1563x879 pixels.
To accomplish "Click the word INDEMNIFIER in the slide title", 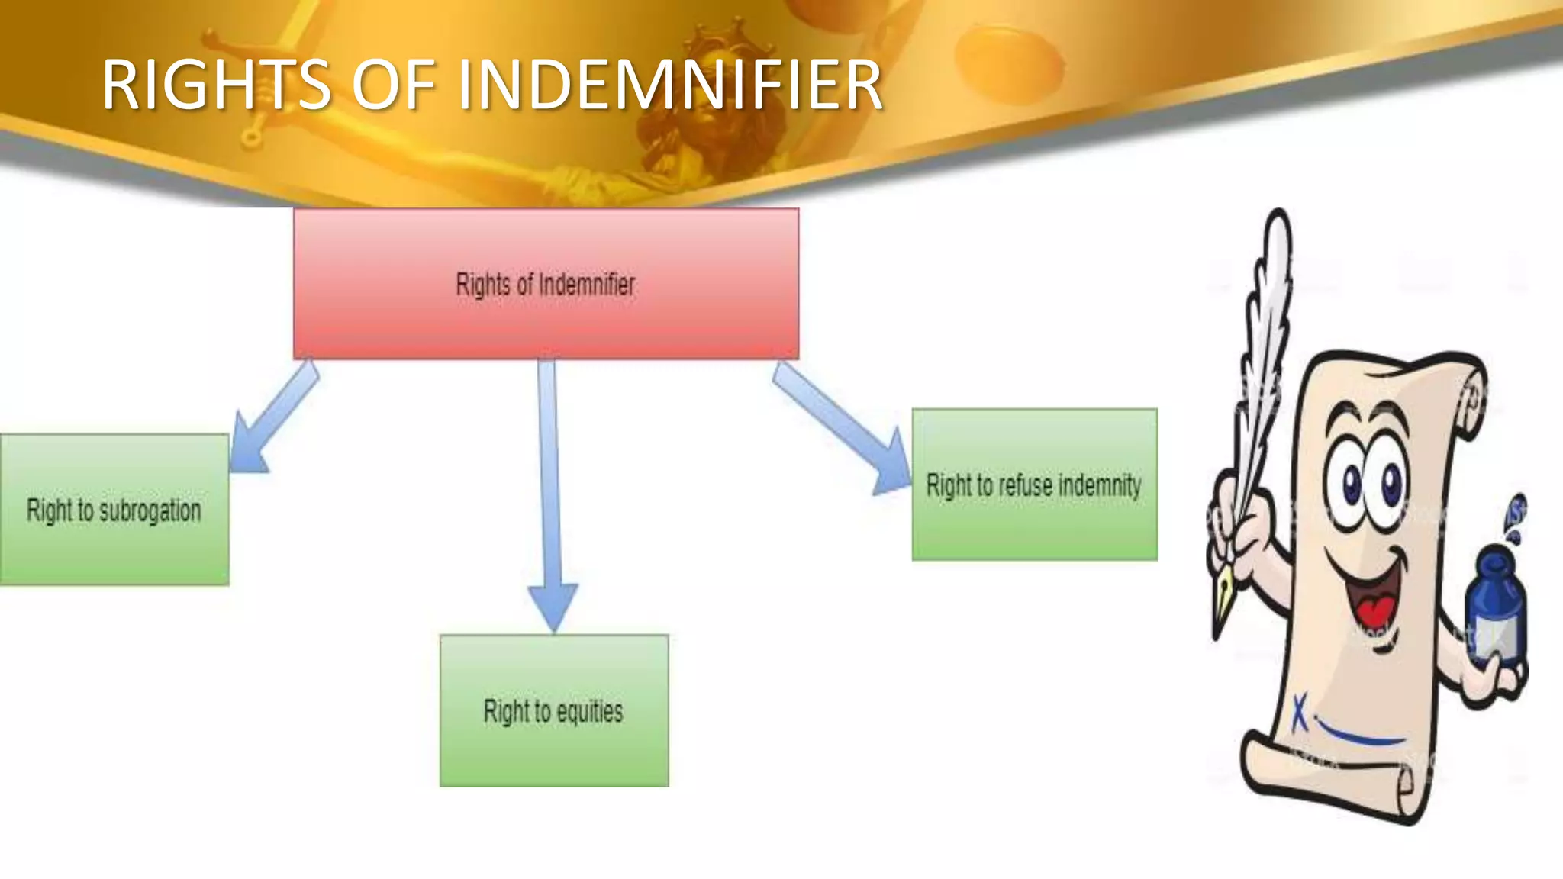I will [x=670, y=85].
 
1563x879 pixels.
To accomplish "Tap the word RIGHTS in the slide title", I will [x=217, y=85].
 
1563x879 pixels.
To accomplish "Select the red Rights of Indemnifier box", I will [x=546, y=320].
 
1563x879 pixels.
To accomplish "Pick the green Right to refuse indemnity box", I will [x=1034, y=526].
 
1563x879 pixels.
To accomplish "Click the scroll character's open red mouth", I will [x=1374, y=603].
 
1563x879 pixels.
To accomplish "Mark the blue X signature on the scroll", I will [x=1300, y=713].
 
